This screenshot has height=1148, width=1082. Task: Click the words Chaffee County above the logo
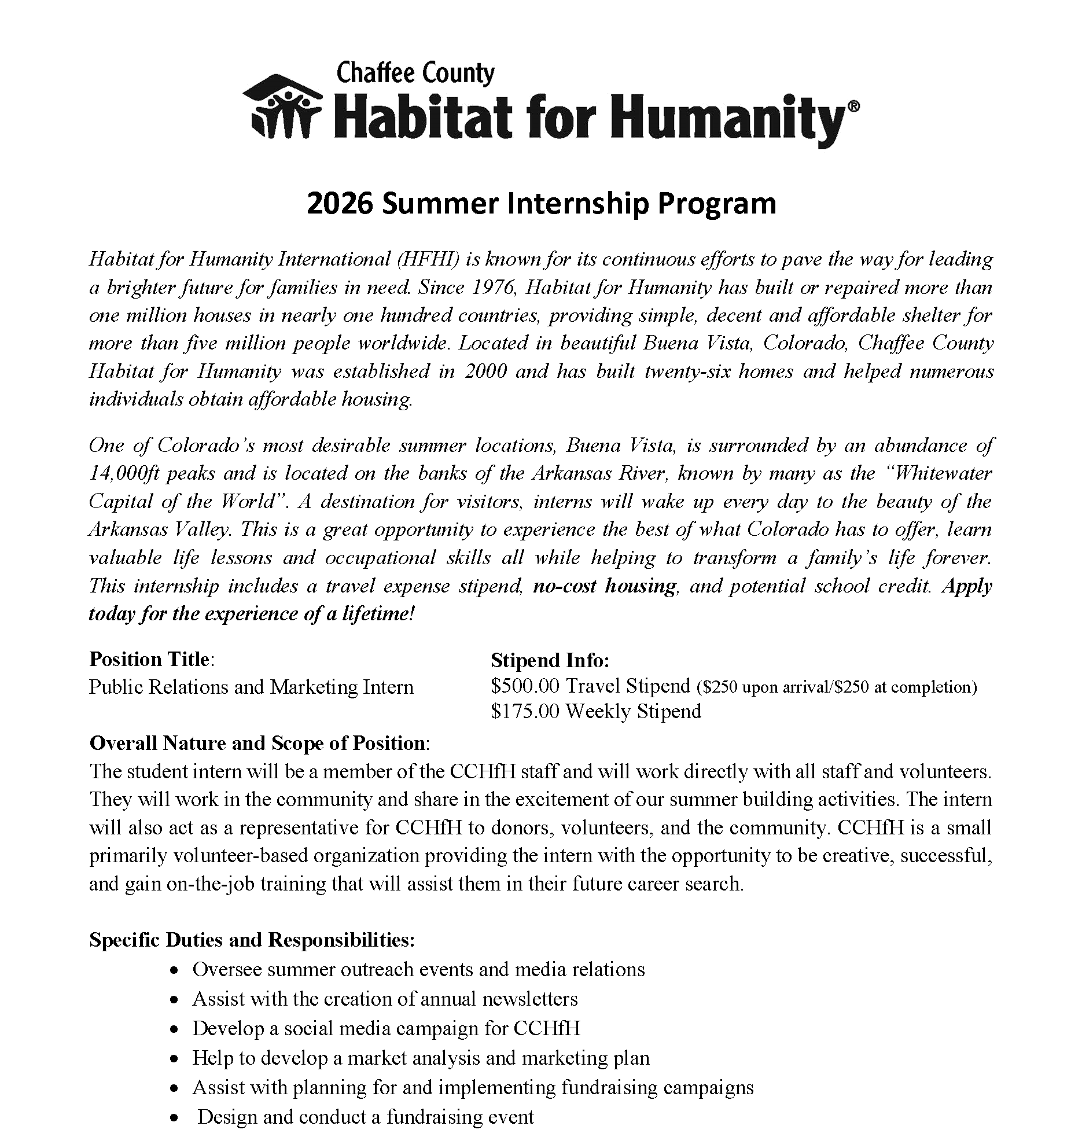[x=415, y=74]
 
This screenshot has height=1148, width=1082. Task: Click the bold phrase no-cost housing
[x=604, y=586]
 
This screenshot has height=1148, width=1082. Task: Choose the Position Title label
[x=149, y=659]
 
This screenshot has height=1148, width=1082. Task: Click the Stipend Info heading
[x=550, y=660]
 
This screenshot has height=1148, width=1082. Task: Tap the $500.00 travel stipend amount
[x=525, y=686]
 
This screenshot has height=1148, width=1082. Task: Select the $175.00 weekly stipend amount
[x=525, y=711]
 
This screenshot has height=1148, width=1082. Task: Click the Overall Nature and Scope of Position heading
[x=258, y=743]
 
